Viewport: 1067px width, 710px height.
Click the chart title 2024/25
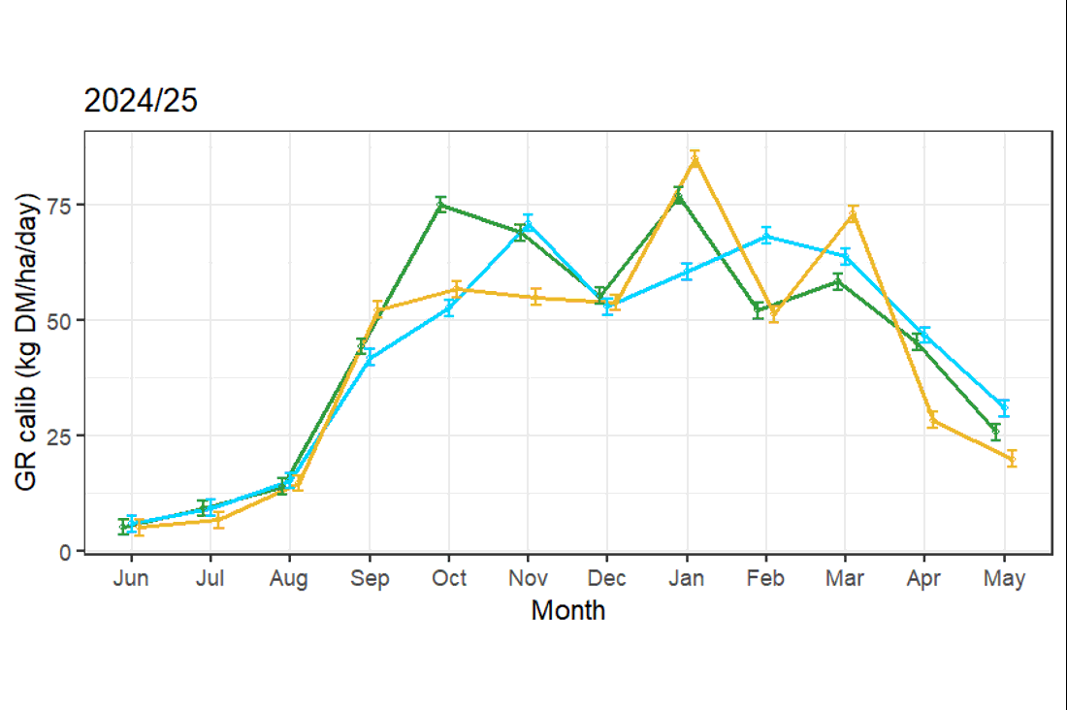(x=141, y=101)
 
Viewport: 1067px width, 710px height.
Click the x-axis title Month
(x=567, y=611)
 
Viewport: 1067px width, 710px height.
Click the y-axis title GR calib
(x=26, y=341)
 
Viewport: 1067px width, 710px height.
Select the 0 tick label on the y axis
(x=65, y=551)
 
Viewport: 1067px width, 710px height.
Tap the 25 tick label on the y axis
(x=59, y=436)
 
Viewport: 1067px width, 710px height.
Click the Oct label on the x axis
(x=449, y=579)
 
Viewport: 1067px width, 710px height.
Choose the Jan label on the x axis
(x=687, y=579)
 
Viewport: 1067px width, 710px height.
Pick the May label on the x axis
(x=1004, y=579)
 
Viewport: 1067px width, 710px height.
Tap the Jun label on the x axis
(x=131, y=579)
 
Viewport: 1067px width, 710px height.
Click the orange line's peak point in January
(x=695, y=159)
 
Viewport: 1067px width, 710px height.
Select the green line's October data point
(x=441, y=205)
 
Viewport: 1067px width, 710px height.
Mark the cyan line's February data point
(x=766, y=237)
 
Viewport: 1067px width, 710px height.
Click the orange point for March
(x=853, y=215)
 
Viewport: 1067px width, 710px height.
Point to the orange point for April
(x=932, y=419)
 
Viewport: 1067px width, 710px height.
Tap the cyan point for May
(x=1004, y=407)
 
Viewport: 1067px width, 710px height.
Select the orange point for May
(x=1012, y=458)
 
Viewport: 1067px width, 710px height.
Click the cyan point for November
(x=528, y=223)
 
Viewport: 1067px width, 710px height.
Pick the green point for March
(x=838, y=281)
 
